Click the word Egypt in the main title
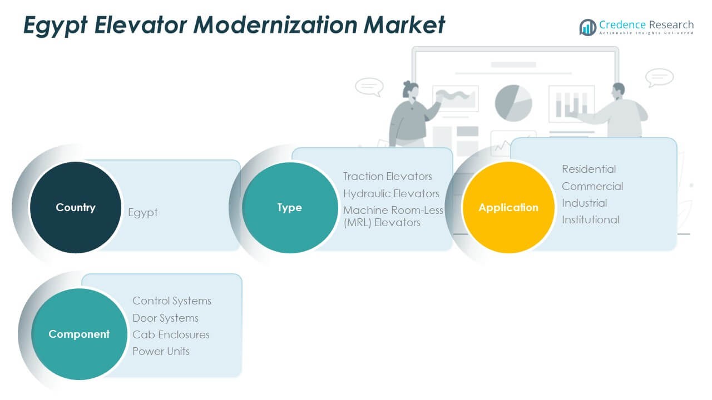pyautogui.click(x=55, y=26)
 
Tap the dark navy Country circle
pyautogui.click(x=76, y=207)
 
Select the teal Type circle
pyautogui.click(x=290, y=208)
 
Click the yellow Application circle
pyautogui.click(x=508, y=207)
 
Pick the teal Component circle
pyautogui.click(x=79, y=334)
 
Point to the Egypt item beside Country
pyautogui.click(x=143, y=213)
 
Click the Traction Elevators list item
pyautogui.click(x=388, y=176)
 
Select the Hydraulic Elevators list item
pyautogui.click(x=391, y=193)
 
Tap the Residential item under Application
pyautogui.click(x=589, y=169)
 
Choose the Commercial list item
pyautogui.click(x=592, y=186)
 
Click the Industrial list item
pyautogui.click(x=584, y=203)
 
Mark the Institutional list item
pyautogui.click(x=590, y=219)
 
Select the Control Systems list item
pyautogui.click(x=172, y=301)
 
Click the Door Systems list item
pyautogui.click(x=165, y=318)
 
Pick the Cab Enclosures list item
pyautogui.click(x=171, y=334)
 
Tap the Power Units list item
pyautogui.click(x=161, y=352)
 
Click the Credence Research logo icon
pyautogui.click(x=588, y=27)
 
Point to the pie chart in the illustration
pyautogui.click(x=513, y=103)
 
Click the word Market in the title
pyautogui.click(x=404, y=25)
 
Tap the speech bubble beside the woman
pyautogui.click(x=369, y=87)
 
